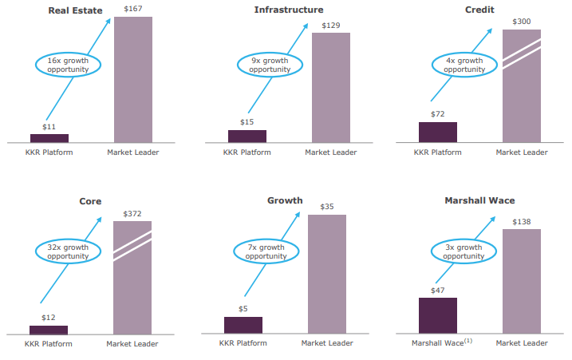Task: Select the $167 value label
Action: [x=133, y=9]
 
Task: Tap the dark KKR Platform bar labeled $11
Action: [x=49, y=138]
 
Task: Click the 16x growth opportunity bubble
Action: [x=67, y=65]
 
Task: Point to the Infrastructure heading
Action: [x=289, y=10]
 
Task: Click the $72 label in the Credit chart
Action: [x=438, y=113]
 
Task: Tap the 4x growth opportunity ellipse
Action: [x=464, y=65]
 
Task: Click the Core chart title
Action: [x=90, y=201]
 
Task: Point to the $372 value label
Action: [x=132, y=214]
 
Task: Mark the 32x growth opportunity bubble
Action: [x=67, y=252]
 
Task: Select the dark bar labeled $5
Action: [x=243, y=325]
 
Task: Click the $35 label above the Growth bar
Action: [x=327, y=207]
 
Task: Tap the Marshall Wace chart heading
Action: [x=480, y=201]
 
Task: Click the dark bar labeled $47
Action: [x=438, y=315]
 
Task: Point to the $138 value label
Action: [x=522, y=221]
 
